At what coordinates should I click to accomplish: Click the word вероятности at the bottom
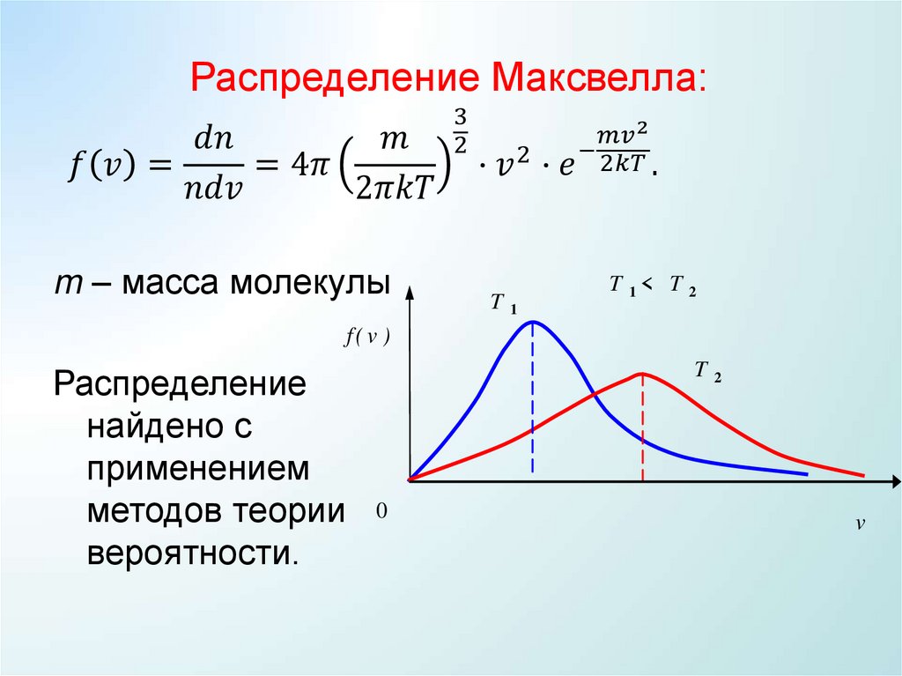(x=192, y=554)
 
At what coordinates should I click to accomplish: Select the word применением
(x=198, y=469)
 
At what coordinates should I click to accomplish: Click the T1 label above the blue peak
(x=503, y=305)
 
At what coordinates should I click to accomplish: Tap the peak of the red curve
(x=643, y=374)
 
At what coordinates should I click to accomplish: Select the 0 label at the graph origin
(x=381, y=511)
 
